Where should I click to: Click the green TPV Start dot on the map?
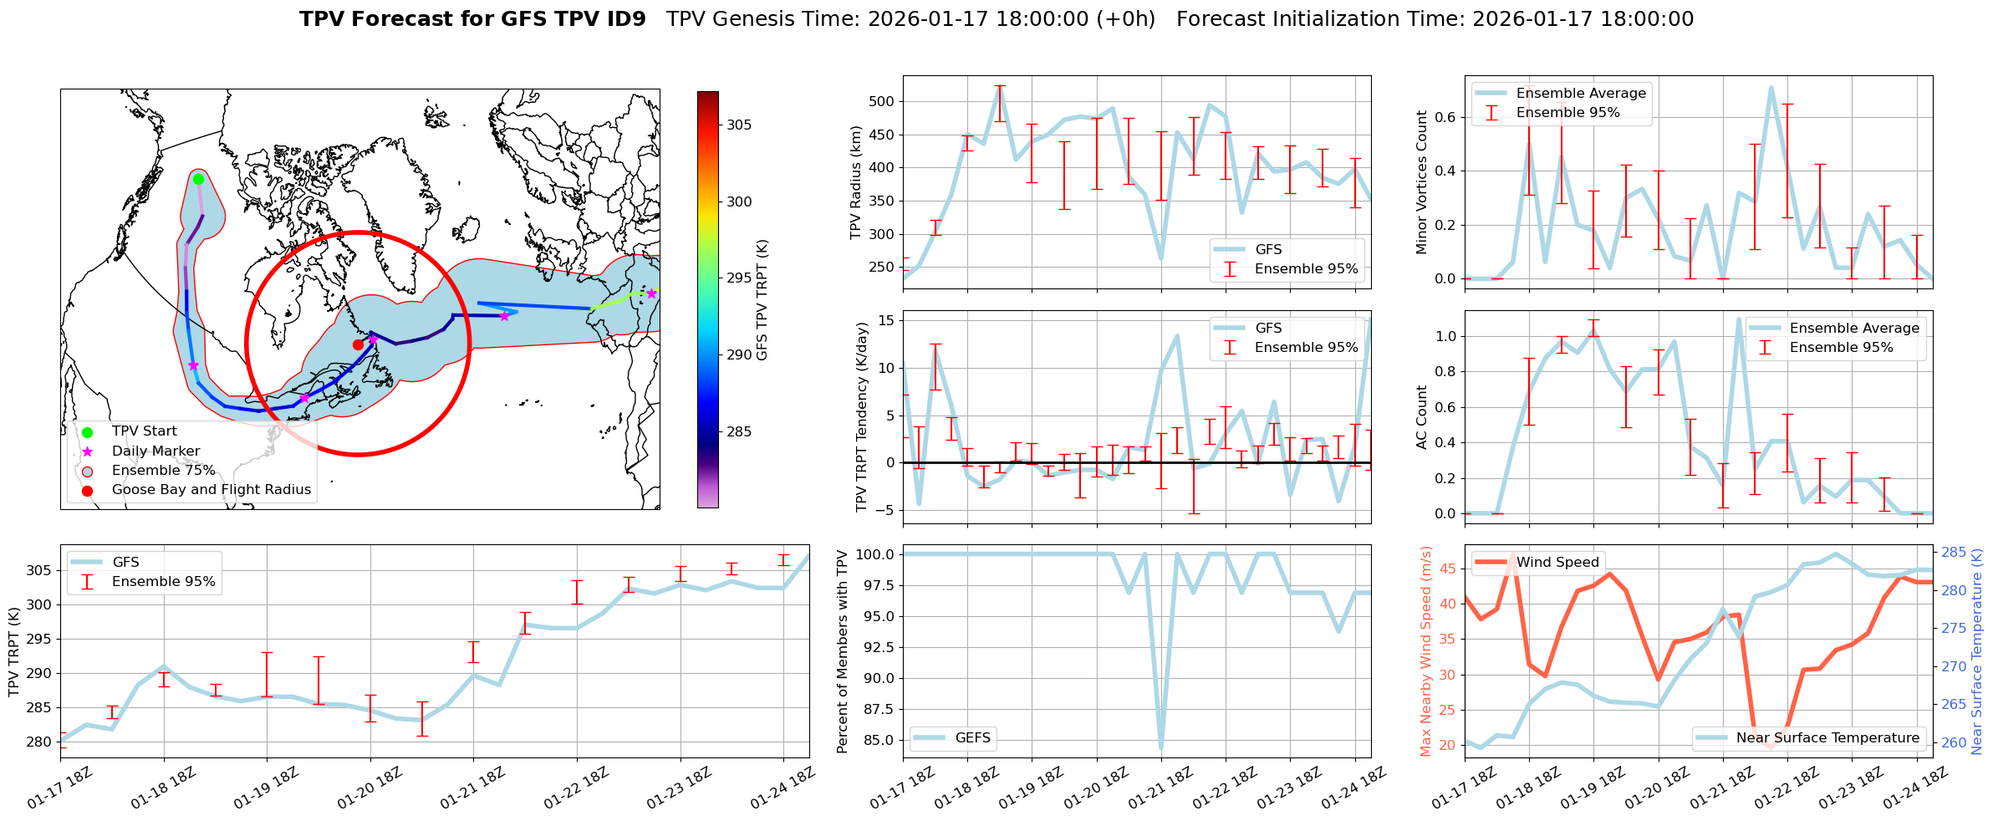click(x=198, y=179)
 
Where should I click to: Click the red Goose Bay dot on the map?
click(x=358, y=344)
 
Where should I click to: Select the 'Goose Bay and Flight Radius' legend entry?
click(x=211, y=490)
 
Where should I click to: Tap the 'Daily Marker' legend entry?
click(x=155, y=451)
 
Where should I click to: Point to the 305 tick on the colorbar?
click(x=739, y=125)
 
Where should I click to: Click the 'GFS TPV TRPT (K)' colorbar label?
click(x=762, y=299)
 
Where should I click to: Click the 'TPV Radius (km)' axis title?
click(x=855, y=182)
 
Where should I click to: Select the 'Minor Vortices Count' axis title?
click(x=1421, y=182)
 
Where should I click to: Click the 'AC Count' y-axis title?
click(x=1421, y=417)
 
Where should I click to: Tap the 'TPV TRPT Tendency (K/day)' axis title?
click(x=862, y=417)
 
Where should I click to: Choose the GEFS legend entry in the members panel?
click(x=972, y=738)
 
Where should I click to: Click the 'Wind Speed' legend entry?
click(x=1557, y=563)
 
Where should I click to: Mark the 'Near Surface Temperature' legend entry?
click(x=1827, y=738)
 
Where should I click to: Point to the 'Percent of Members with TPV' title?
click(x=842, y=651)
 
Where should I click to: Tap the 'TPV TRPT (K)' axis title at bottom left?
click(x=13, y=651)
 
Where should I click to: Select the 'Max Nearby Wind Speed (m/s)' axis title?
click(x=1426, y=651)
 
